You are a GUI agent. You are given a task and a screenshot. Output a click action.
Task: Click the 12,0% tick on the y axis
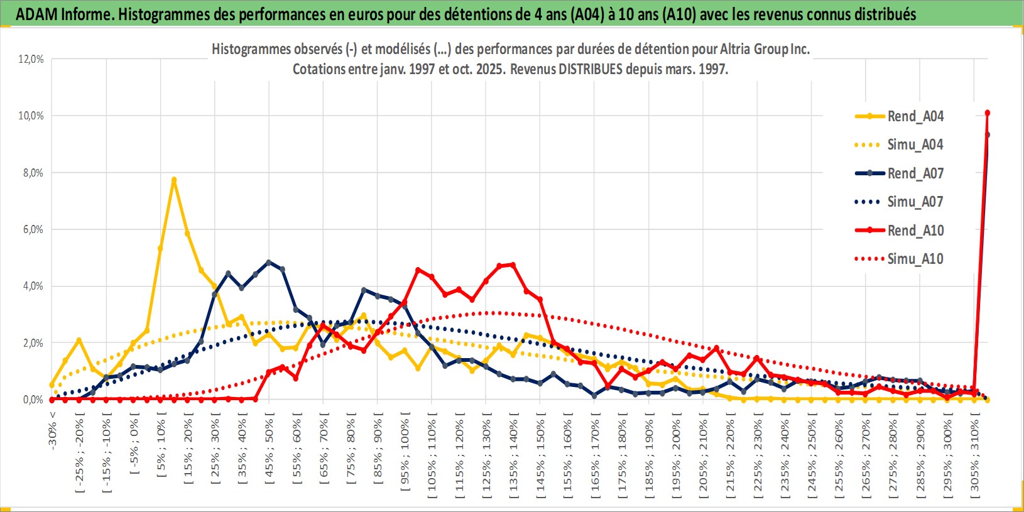(x=31, y=59)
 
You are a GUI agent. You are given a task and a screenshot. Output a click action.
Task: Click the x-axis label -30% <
(x=52, y=430)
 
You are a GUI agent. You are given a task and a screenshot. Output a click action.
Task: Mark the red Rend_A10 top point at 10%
(x=988, y=113)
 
